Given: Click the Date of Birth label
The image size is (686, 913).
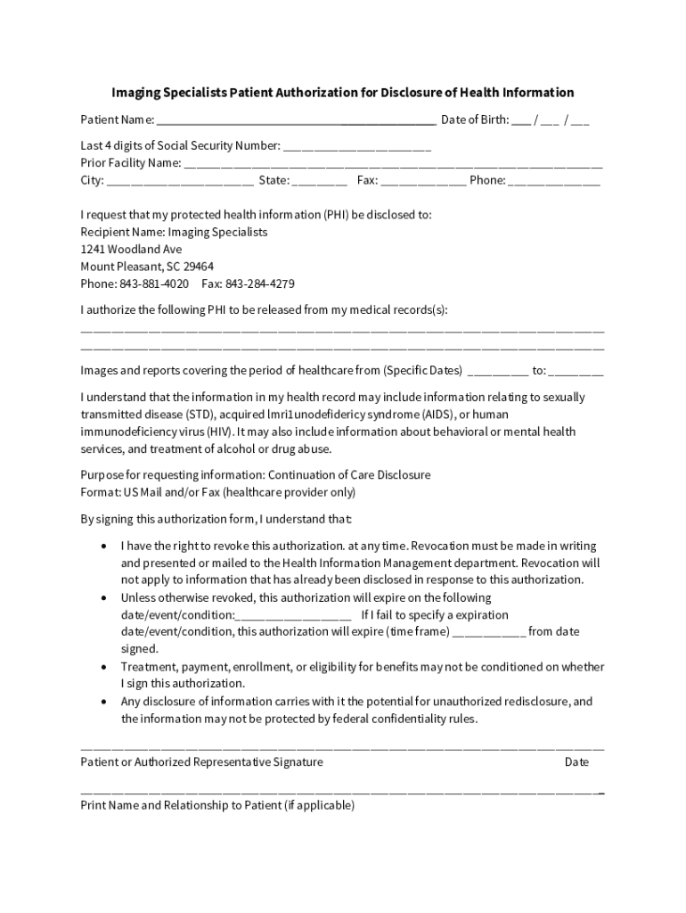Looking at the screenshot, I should pos(475,119).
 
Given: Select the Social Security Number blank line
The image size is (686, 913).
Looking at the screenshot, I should pos(357,147).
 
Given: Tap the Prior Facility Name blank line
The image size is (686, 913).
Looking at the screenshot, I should pos(393,164).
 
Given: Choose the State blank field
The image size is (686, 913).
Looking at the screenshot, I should pos(319,181).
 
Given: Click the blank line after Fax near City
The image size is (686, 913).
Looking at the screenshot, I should pos(423,181).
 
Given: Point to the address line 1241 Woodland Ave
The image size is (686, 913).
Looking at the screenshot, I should pos(131,250).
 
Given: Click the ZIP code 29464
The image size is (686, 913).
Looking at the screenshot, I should pos(198,267).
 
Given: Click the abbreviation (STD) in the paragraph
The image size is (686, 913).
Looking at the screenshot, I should pos(200,415).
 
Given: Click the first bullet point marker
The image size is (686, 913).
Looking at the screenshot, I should pos(104,546).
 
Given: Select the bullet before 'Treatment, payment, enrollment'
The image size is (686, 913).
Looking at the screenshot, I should pos(104,667).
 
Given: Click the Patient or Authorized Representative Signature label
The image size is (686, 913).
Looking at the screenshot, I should pos(201,762).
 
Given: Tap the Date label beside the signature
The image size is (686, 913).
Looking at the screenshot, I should pos(576,762).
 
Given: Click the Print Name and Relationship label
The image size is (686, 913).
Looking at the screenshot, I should pos(217,806).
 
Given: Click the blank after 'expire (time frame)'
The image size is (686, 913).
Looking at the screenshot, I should pos(489,632).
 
